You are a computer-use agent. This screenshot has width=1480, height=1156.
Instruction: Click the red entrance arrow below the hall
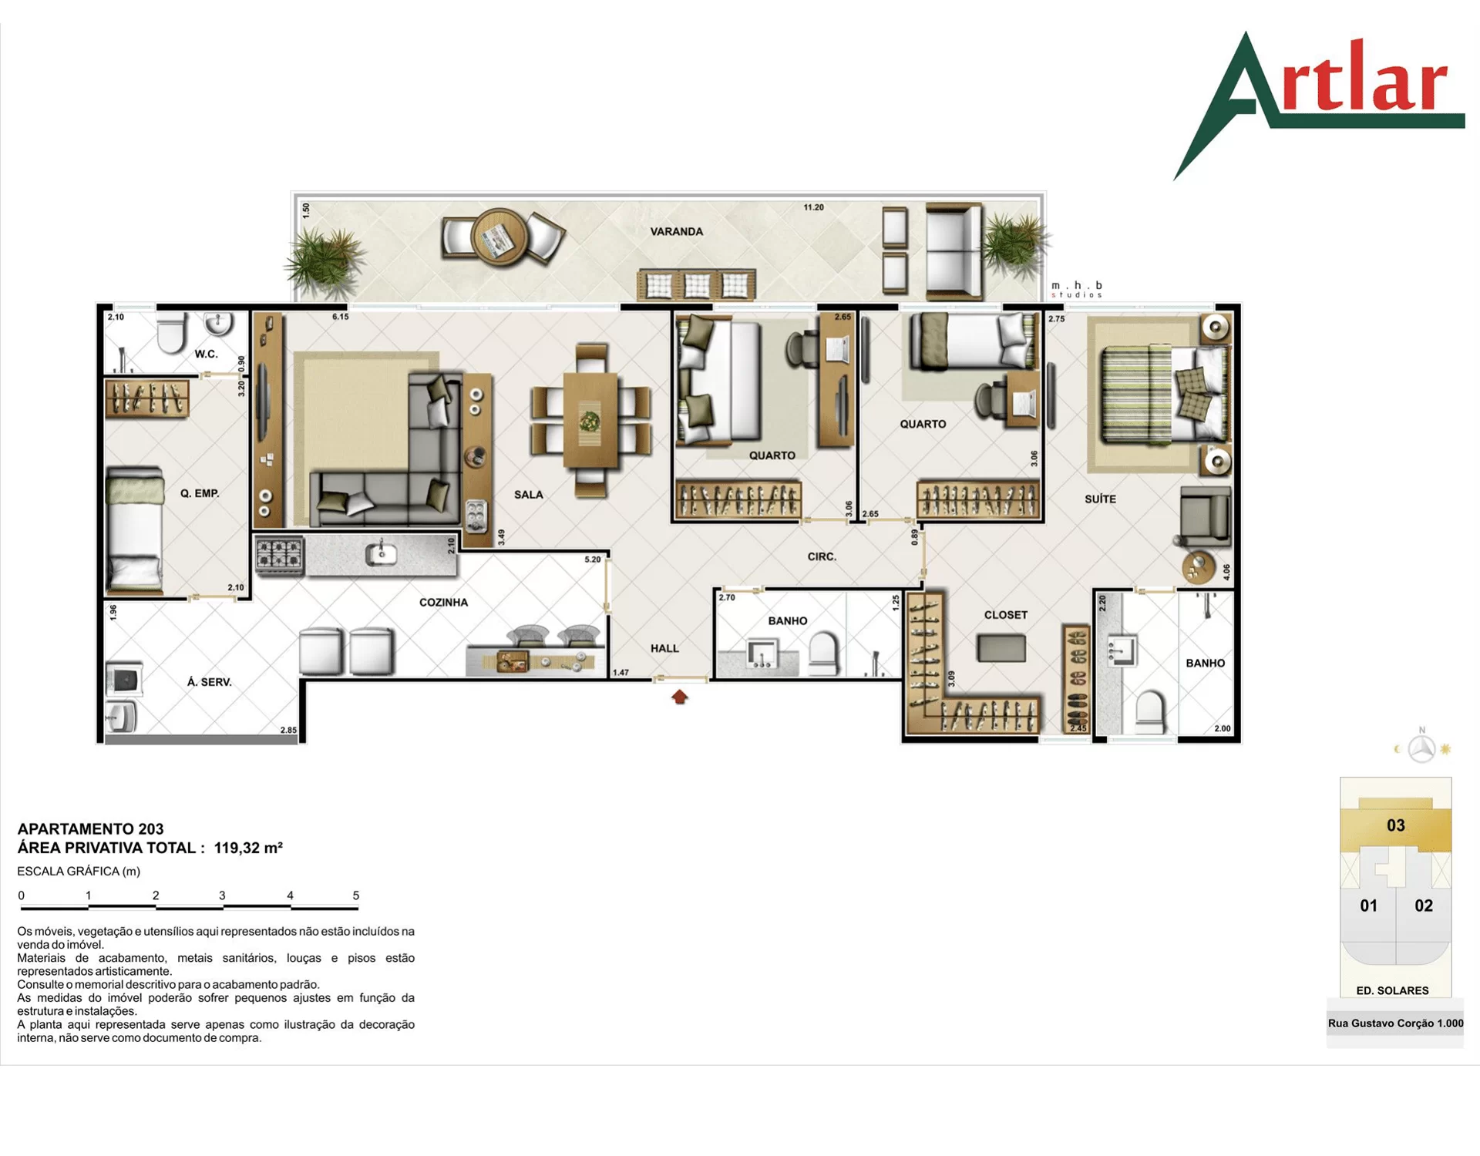(x=679, y=697)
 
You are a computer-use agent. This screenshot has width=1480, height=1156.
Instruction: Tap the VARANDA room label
(x=676, y=231)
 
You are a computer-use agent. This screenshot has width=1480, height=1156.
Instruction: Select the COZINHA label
(x=443, y=602)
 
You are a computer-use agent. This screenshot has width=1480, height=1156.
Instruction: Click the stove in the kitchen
(x=279, y=555)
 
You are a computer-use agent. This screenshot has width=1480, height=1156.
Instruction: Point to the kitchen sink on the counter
(x=381, y=553)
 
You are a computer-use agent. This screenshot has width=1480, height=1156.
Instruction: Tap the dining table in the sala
(x=590, y=420)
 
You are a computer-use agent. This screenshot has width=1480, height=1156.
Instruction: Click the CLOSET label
(x=1005, y=615)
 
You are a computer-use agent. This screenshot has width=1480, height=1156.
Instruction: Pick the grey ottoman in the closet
(x=1001, y=648)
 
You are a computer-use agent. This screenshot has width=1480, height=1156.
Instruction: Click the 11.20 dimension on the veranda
(x=813, y=207)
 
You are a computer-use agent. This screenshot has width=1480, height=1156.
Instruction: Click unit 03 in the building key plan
(x=1395, y=825)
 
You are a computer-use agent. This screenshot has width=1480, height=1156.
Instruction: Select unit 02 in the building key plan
(x=1424, y=906)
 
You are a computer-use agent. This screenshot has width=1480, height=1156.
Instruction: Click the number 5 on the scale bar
(x=356, y=896)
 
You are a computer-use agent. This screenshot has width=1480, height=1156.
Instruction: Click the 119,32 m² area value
(x=248, y=848)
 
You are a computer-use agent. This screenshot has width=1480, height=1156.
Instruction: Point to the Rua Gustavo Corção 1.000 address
(x=1395, y=1023)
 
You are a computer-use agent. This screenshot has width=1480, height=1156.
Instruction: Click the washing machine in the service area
(x=123, y=680)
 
